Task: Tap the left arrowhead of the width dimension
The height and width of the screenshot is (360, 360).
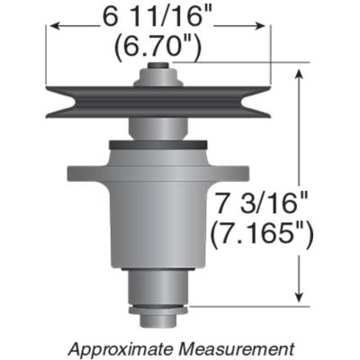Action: click(52, 28)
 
